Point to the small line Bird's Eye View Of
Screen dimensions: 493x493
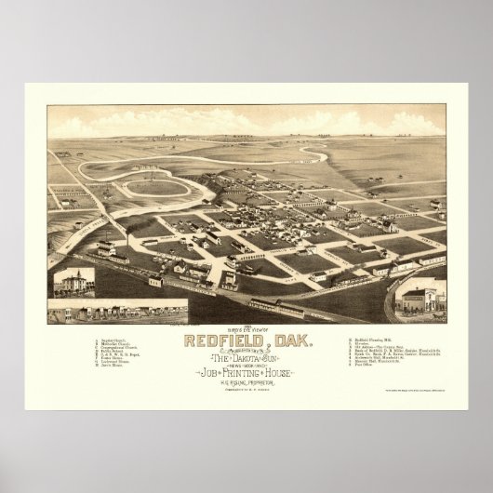(246, 331)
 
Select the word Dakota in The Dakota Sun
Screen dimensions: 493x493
(247, 359)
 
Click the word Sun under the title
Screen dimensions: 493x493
(280, 359)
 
